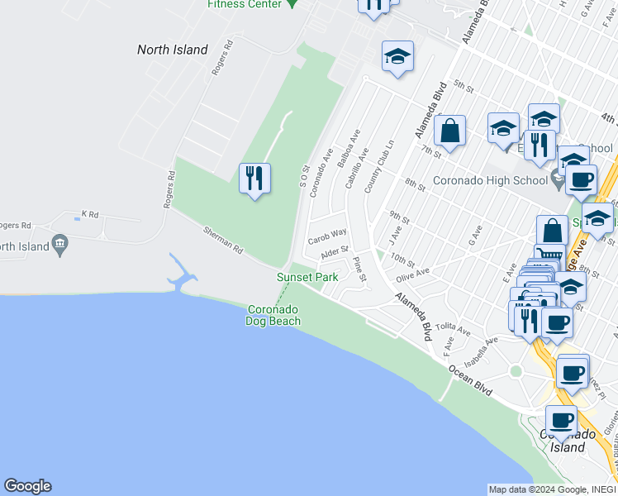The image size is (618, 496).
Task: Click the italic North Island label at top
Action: (x=172, y=50)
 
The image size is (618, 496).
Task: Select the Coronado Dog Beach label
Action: (x=273, y=315)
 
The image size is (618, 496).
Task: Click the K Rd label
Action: (x=89, y=215)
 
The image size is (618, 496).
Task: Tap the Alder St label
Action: (x=335, y=250)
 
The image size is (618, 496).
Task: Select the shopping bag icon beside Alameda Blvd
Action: (x=450, y=131)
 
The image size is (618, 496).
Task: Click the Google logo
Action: (x=27, y=486)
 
